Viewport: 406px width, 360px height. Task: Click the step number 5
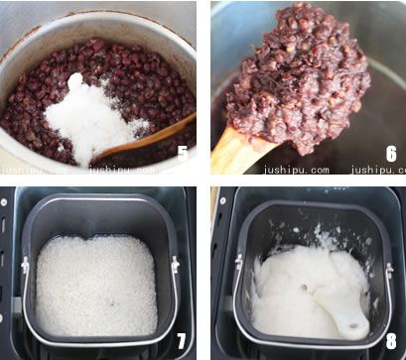[x=182, y=153]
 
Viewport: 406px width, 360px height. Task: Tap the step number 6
[x=390, y=153]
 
